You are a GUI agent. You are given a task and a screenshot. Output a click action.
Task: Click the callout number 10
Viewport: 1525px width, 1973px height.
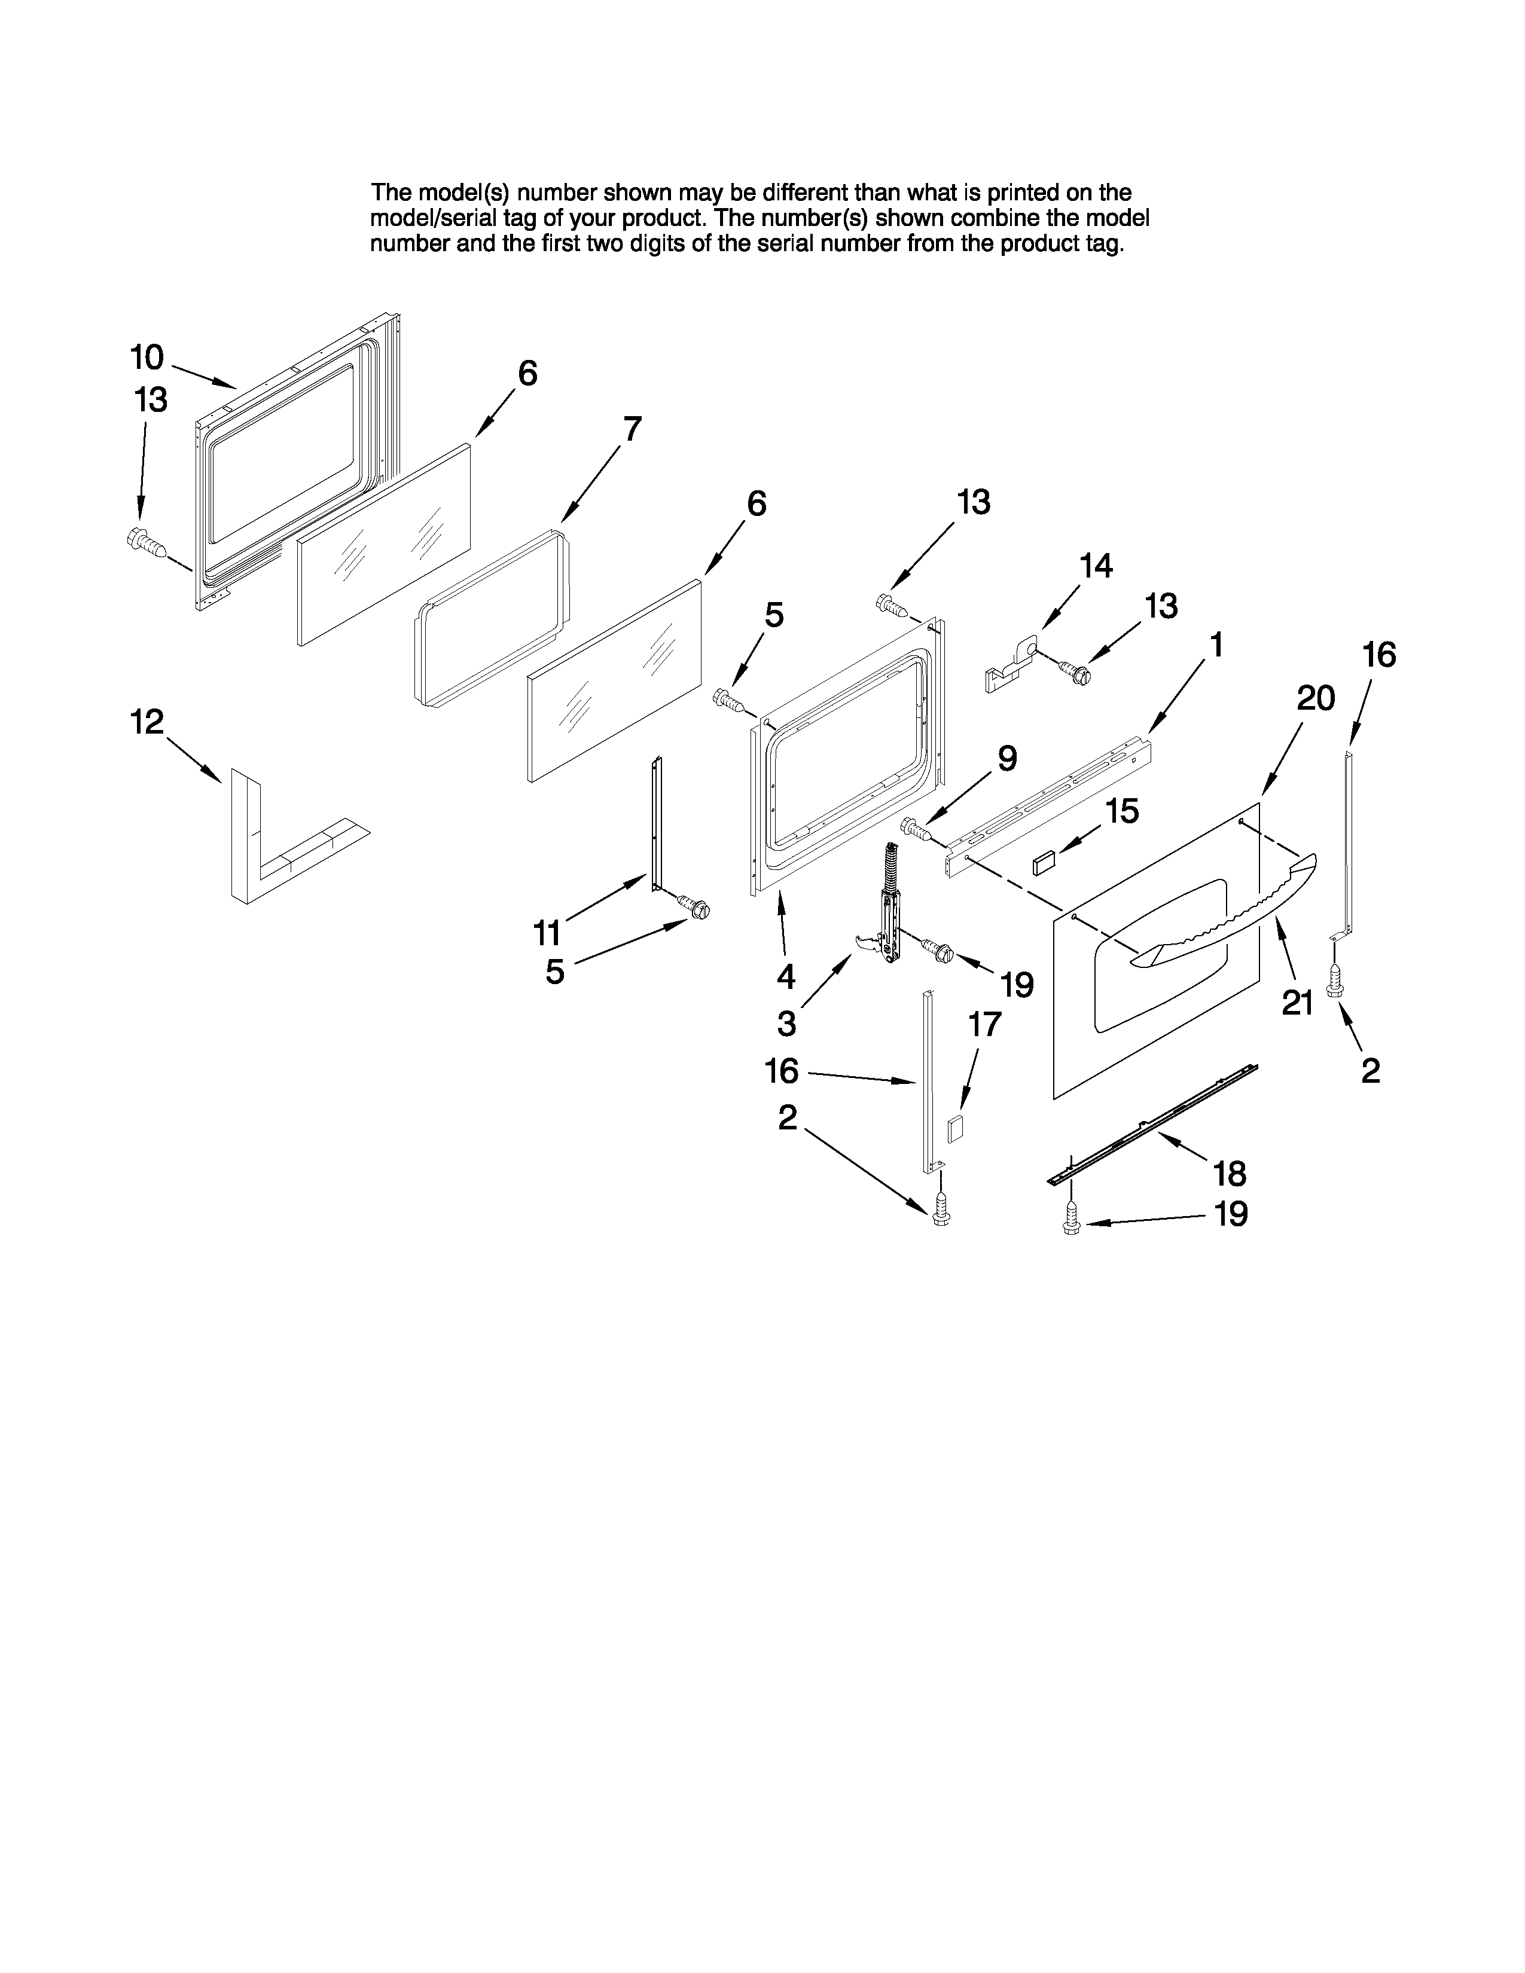pos(147,358)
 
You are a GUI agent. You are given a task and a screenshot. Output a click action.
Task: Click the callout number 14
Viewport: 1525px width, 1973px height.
pos(1096,566)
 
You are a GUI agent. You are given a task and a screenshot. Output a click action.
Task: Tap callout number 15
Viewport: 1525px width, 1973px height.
pos(1121,811)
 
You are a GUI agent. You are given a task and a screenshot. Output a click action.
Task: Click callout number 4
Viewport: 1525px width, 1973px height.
pos(786,976)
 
